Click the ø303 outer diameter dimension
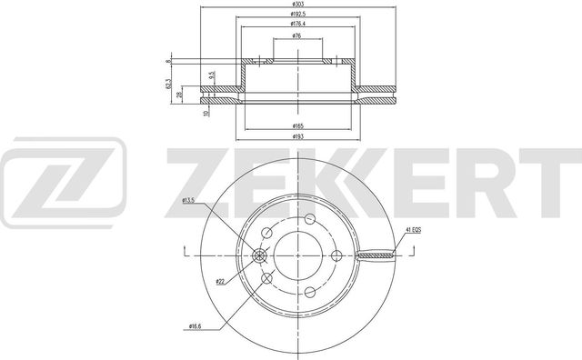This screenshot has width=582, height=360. (297, 6)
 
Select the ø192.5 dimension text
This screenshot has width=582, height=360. (297, 15)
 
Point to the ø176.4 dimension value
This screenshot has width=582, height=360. (297, 25)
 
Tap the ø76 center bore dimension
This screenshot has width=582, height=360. (297, 36)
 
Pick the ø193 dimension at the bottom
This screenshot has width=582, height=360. (297, 135)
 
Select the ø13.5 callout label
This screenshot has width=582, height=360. (189, 200)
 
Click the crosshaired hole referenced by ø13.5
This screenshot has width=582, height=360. (266, 255)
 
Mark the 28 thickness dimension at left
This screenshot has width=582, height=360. (180, 95)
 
